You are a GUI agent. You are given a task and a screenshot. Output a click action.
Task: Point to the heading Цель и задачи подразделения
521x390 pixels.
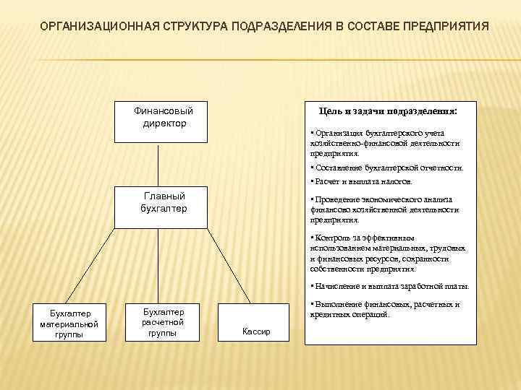click(x=391, y=112)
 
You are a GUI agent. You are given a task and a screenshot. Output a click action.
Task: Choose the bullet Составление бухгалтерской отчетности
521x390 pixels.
click(x=387, y=168)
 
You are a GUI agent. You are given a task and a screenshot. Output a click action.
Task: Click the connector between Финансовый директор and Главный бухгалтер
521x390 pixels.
click(x=164, y=164)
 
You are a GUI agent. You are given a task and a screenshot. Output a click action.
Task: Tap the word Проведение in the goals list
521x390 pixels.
click(x=334, y=199)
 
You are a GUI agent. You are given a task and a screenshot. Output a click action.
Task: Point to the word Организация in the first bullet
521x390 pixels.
click(x=336, y=134)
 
